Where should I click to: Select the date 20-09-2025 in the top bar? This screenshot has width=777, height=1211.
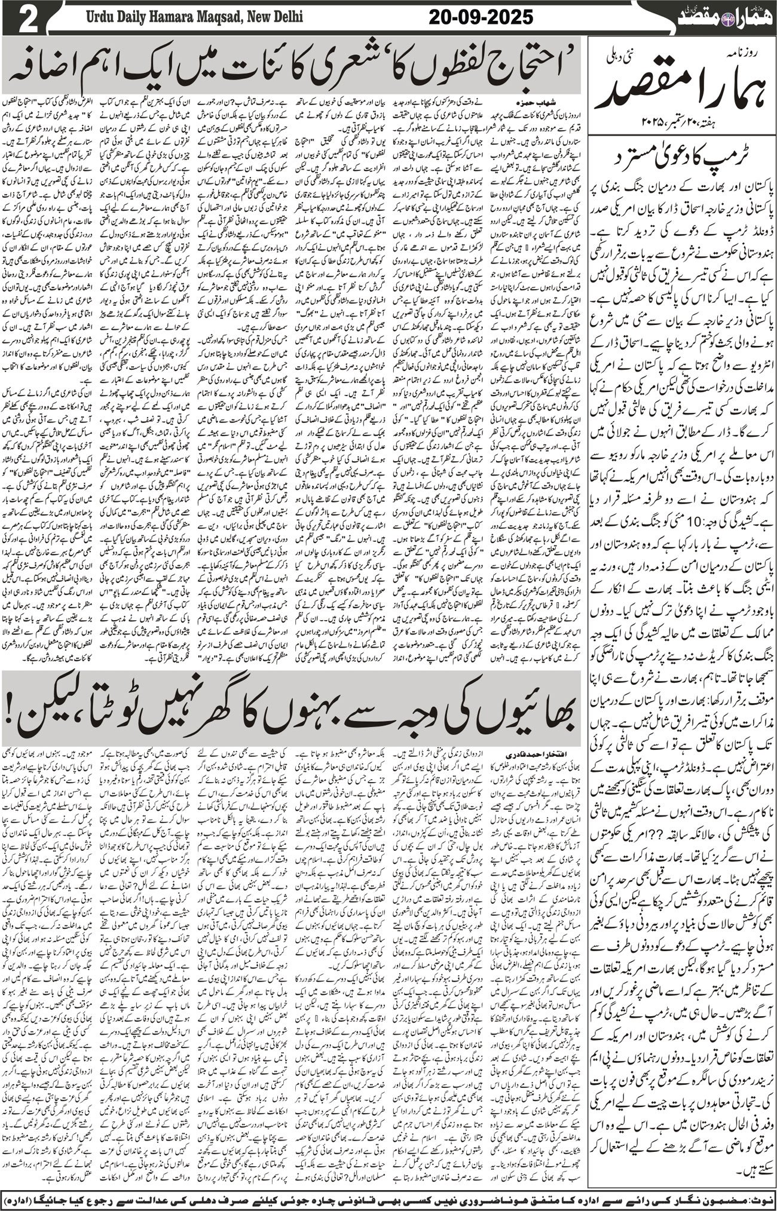(481, 17)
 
